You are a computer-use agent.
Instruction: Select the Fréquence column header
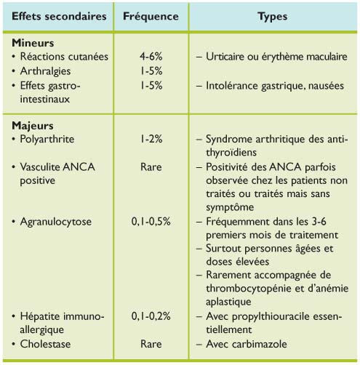(150, 15)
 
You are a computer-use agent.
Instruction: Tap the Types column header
(272, 15)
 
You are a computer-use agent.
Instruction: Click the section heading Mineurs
(35, 43)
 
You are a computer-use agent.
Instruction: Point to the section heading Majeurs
(34, 124)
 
